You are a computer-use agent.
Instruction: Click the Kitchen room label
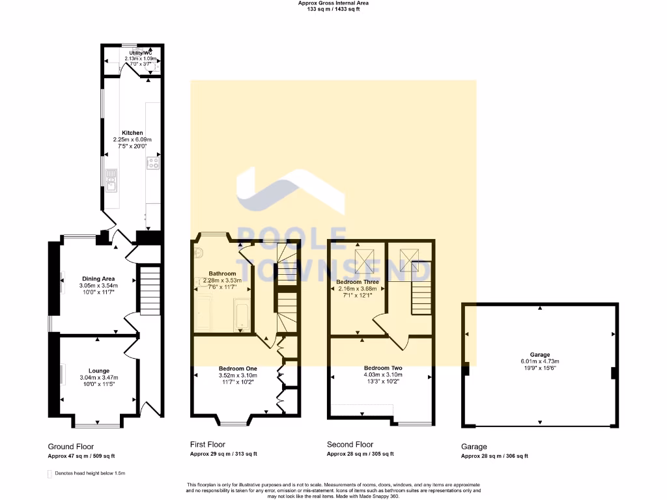tap(132, 133)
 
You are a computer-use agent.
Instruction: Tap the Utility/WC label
tap(141, 53)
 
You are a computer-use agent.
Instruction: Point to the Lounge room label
tap(98, 370)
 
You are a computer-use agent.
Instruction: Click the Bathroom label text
tap(222, 273)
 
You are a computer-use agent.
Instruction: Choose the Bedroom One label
tap(238, 368)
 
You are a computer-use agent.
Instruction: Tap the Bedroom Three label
tap(358, 281)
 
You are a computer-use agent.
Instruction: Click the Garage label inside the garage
tap(539, 355)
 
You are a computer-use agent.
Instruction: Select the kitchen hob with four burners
tap(153, 163)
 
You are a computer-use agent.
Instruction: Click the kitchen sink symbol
tap(111, 180)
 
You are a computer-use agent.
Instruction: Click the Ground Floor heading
tap(71, 447)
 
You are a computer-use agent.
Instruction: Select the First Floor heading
tap(207, 444)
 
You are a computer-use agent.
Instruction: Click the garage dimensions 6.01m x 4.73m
tap(539, 361)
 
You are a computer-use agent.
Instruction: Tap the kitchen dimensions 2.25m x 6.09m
tap(132, 139)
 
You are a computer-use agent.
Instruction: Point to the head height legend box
tap(50, 473)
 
